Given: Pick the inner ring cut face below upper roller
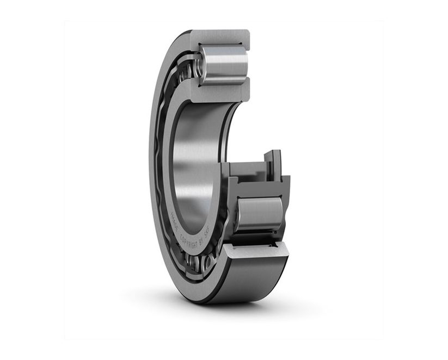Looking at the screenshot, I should [x=220, y=92].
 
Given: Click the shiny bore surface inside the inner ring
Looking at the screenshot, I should [x=191, y=163].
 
